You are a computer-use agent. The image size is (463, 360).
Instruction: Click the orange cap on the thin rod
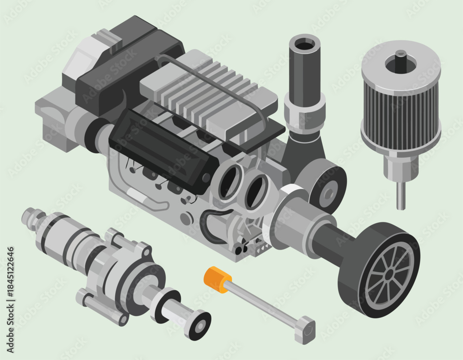pyautogui.click(x=217, y=279)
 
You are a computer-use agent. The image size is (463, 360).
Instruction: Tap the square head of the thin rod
pyautogui.click(x=305, y=329)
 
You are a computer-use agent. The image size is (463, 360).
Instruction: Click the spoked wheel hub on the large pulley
pyautogui.click(x=388, y=274)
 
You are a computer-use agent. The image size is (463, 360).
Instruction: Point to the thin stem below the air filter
pyautogui.click(x=400, y=196)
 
